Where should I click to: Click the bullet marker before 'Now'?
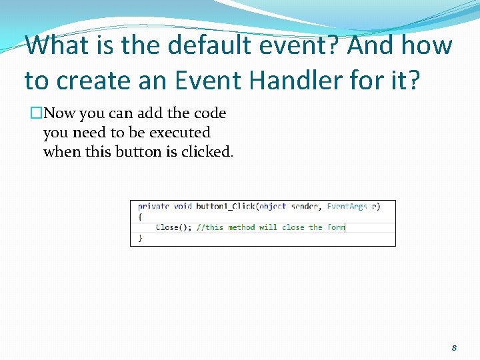(x=36, y=114)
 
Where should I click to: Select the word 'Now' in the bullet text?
(x=59, y=114)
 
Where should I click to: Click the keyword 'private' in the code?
(x=153, y=207)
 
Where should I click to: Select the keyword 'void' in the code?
(x=183, y=207)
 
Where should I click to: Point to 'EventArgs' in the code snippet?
(x=347, y=207)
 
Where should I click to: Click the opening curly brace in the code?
(x=140, y=217)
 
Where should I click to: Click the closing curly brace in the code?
(x=140, y=237)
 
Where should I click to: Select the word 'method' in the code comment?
(x=241, y=227)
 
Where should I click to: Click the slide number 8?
(x=454, y=347)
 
